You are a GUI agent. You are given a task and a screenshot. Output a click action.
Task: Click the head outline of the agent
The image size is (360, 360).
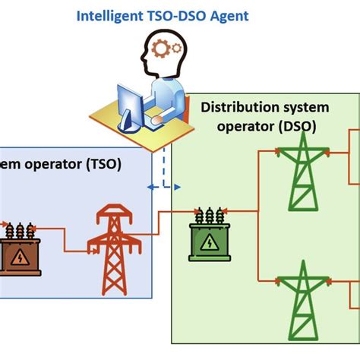163,53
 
